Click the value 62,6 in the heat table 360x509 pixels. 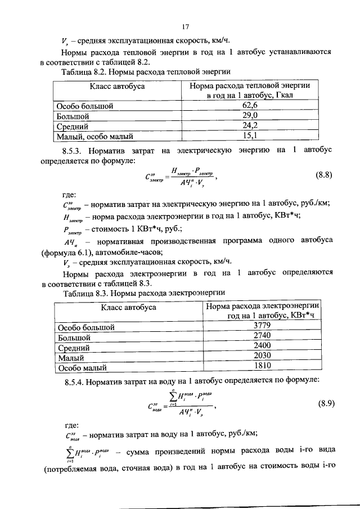(x=250, y=105)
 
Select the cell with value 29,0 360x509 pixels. (x=250, y=115)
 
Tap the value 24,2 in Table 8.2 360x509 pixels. (x=250, y=125)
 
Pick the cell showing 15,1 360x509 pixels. (x=250, y=136)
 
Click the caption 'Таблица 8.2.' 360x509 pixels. (x=85, y=73)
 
